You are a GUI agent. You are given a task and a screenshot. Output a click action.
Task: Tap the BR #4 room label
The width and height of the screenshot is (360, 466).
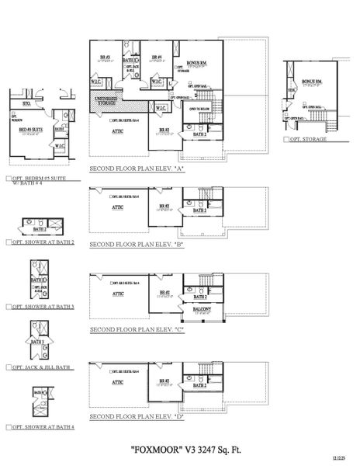(x=156, y=57)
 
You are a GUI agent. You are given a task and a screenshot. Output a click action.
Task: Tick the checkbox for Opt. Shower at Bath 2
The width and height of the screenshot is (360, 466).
(x=8, y=242)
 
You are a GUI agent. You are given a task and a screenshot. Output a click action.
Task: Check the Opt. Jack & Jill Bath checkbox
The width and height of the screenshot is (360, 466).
(x=8, y=367)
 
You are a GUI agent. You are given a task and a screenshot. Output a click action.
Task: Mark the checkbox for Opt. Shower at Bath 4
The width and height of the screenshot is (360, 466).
(x=8, y=427)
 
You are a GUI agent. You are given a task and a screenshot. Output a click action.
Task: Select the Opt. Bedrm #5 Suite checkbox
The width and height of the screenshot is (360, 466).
(x=8, y=178)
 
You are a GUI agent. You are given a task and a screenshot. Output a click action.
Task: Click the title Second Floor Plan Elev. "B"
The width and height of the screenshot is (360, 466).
(x=137, y=244)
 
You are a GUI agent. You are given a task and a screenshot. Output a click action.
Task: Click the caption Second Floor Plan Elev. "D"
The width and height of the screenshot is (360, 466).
(x=137, y=418)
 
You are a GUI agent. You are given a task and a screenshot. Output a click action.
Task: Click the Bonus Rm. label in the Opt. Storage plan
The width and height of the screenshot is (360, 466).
(x=312, y=82)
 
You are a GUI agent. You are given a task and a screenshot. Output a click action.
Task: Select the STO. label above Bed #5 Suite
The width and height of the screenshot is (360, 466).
(x=26, y=101)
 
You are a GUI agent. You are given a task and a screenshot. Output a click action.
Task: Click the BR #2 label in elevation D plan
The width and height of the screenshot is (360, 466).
(x=164, y=381)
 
